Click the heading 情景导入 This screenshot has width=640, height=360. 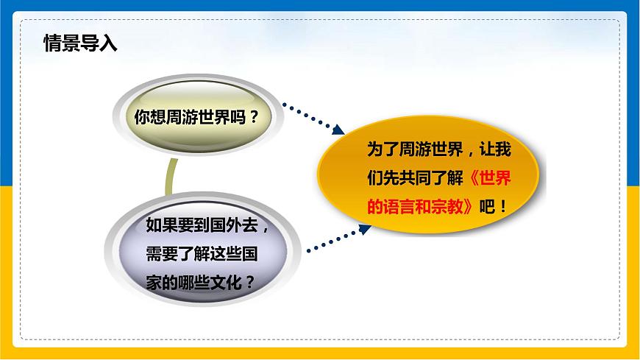pos(80,43)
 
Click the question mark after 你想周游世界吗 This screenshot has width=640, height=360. pos(254,117)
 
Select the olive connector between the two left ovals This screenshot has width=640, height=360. pos(171,177)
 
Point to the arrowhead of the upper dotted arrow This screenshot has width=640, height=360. pos(338,130)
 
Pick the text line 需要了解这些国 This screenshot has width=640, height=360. pos(202,254)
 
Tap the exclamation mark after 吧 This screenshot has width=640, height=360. pos(503,207)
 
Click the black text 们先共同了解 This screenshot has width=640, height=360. pos(415,178)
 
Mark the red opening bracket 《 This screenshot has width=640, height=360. pos(474,178)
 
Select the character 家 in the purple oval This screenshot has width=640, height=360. pos(154,283)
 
